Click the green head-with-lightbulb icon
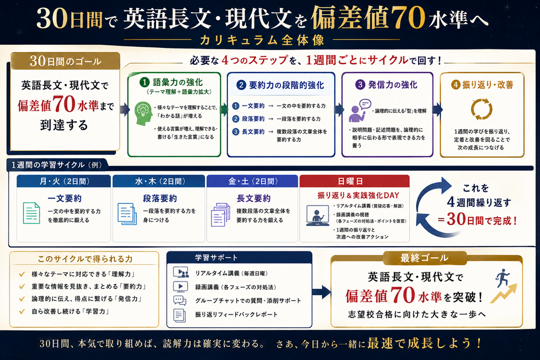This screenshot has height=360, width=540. (x=143, y=113)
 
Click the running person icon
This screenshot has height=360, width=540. (x=503, y=278)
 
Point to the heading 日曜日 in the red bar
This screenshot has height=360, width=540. (x=350, y=181)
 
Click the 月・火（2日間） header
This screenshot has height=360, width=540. (x=64, y=181)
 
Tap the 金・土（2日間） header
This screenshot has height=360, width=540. (x=253, y=181)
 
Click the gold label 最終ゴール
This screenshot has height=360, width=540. (x=425, y=258)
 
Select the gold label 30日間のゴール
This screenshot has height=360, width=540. (x=65, y=61)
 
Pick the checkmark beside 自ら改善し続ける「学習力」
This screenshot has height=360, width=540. (x=22, y=312)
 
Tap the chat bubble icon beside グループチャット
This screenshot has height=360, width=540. (x=180, y=300)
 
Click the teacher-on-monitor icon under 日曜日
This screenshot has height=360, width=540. (x=317, y=216)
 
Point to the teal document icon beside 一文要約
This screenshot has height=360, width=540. (x=31, y=213)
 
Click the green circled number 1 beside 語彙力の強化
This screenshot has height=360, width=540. (x=144, y=82)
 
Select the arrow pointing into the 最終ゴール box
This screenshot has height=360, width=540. (x=321, y=292)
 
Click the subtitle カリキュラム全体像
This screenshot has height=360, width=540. (x=262, y=40)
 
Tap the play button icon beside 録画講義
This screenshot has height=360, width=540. (x=180, y=286)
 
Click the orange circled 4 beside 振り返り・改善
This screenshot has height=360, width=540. (x=456, y=85)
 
